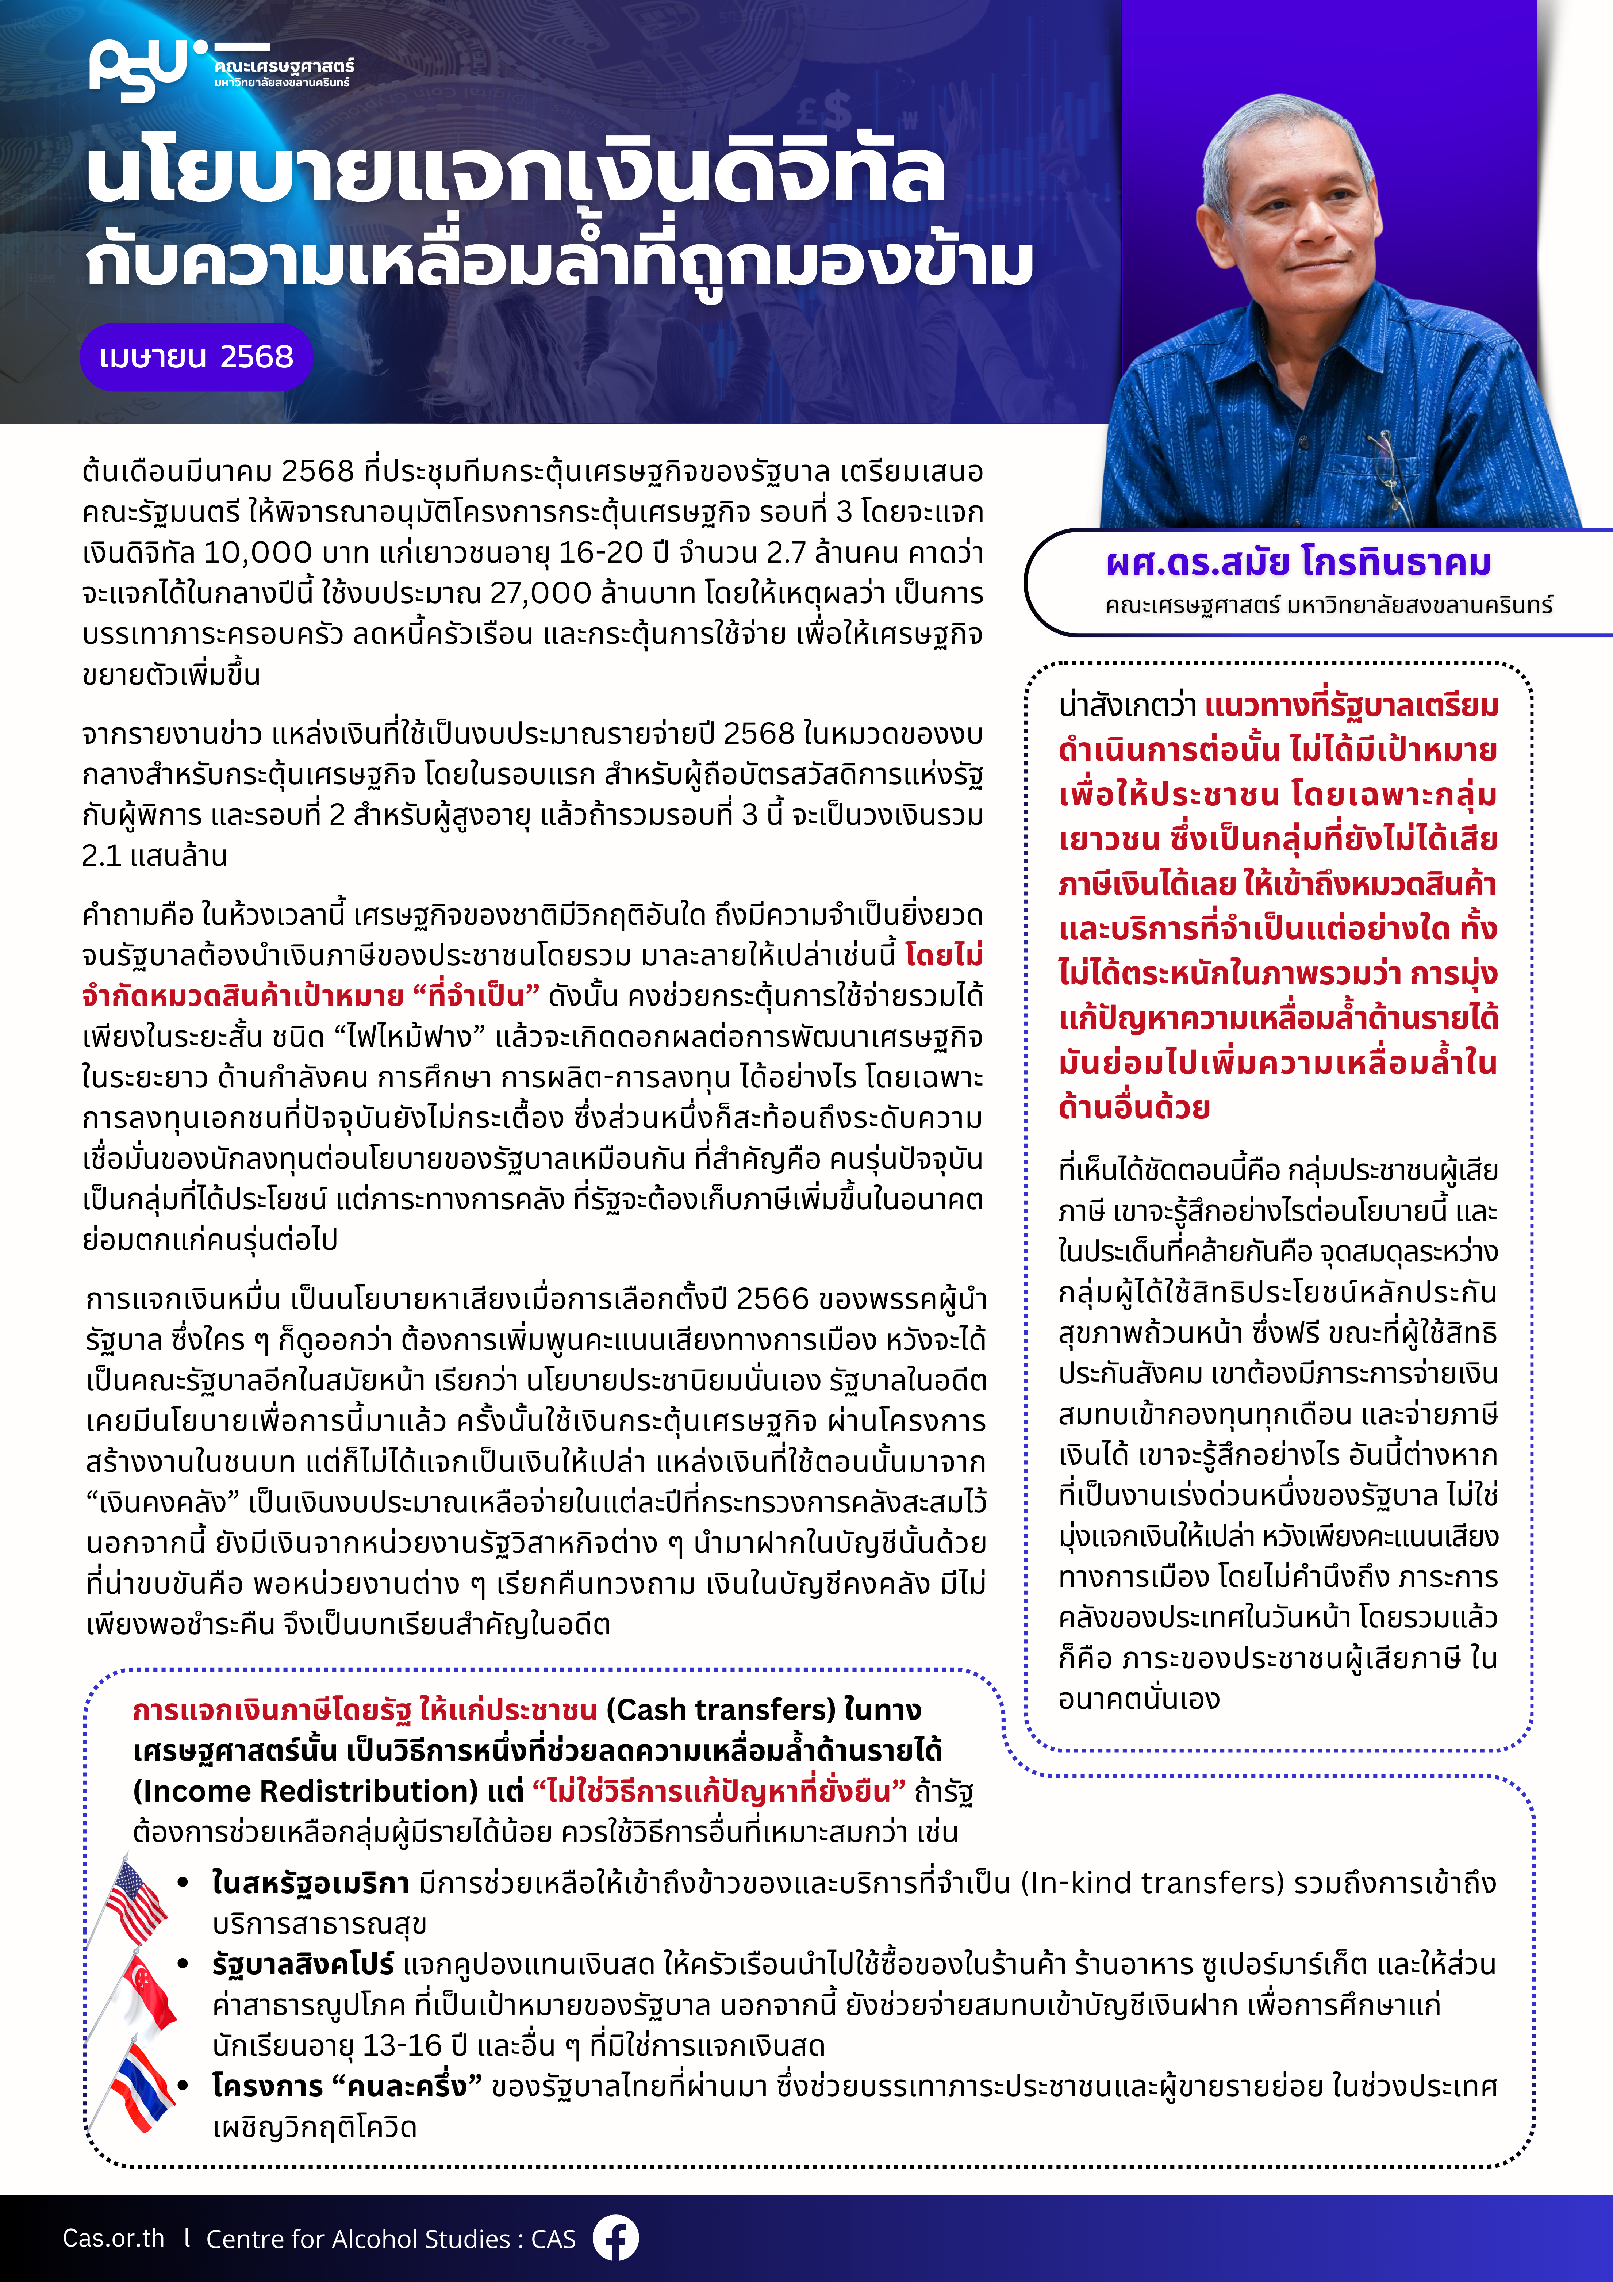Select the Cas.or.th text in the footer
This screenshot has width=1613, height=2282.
click(x=113, y=2238)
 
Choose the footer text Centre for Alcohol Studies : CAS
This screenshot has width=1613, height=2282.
click(x=391, y=2238)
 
